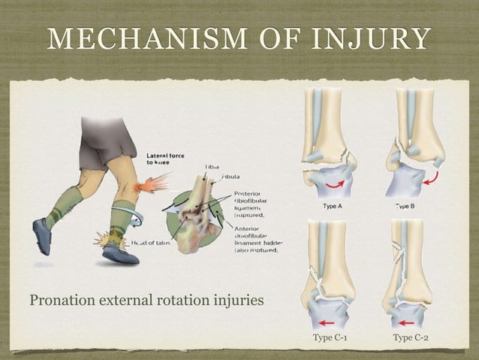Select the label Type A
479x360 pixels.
point(333,204)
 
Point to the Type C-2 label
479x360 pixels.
point(412,338)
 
